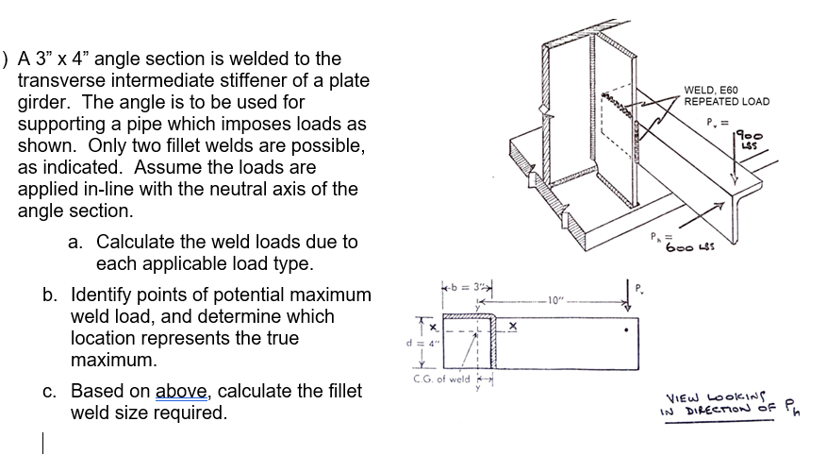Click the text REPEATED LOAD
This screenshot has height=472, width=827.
tap(726, 102)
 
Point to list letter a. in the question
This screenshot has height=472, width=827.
tap(77, 242)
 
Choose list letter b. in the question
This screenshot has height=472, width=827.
tap(52, 295)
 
